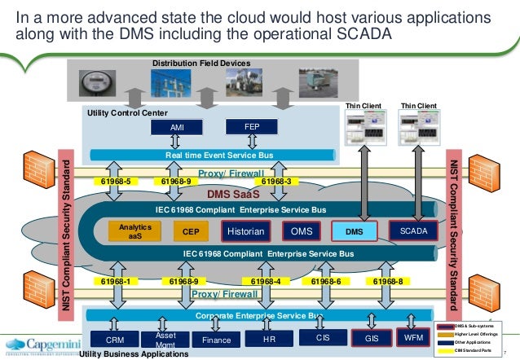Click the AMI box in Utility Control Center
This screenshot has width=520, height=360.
point(177,129)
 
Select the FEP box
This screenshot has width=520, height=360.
point(252,127)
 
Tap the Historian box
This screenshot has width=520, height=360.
point(245,231)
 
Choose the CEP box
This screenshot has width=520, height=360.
point(191,232)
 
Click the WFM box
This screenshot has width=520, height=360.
point(414,336)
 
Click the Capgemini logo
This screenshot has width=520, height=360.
point(41,343)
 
